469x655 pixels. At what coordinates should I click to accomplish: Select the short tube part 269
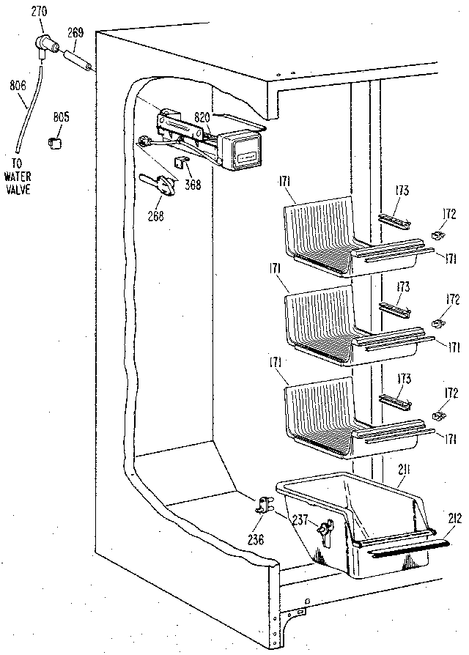tap(78, 62)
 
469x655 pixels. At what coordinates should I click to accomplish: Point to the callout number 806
tap(18, 85)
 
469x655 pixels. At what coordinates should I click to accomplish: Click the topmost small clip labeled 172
tap(438, 236)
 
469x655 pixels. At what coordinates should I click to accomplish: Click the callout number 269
tap(76, 32)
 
